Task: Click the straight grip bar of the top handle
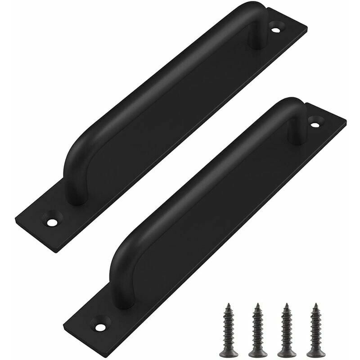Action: (166, 94)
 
